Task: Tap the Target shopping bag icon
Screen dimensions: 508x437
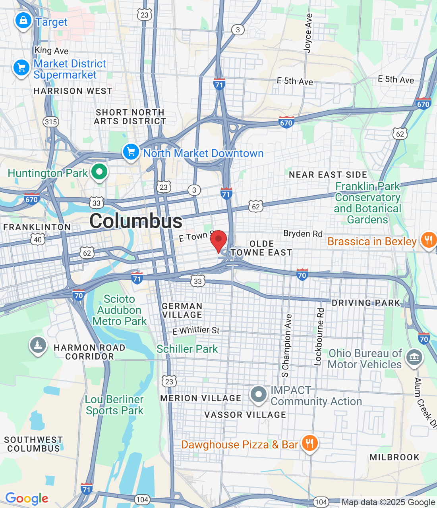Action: tap(23, 20)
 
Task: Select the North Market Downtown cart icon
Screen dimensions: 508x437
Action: tap(131, 152)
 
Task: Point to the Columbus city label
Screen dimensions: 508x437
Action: tap(136, 221)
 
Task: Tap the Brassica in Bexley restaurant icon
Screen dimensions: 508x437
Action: tap(428, 240)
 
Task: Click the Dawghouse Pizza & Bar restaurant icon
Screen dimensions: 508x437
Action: tap(309, 443)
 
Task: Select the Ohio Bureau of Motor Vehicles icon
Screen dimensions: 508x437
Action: tap(414, 357)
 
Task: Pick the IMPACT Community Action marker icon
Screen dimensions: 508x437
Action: tap(259, 394)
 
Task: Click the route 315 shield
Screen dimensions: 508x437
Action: tap(51, 121)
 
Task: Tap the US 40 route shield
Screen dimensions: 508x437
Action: tap(38, 239)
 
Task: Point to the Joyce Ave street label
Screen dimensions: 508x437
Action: tap(308, 33)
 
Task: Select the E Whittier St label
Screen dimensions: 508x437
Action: tap(196, 330)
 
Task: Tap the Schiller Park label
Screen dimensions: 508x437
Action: tap(187, 349)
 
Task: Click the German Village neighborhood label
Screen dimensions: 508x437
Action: tap(182, 310)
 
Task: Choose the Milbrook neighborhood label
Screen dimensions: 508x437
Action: tap(394, 457)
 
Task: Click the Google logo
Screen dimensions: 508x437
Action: tap(27, 498)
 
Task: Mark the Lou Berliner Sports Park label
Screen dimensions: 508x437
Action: tap(114, 405)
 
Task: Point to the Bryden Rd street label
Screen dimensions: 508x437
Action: tap(303, 233)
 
